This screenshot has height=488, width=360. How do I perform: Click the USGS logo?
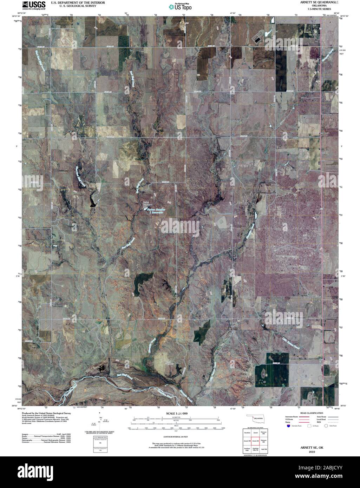pos(34,5)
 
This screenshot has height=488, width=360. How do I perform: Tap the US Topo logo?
pos(180,6)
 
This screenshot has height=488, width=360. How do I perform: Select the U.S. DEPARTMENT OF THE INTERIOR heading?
pos(73,2)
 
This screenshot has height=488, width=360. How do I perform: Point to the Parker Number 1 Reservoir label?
pos(157,211)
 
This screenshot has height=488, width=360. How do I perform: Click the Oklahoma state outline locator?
pos(255,419)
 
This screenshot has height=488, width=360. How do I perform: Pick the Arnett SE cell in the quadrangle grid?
pos(255,441)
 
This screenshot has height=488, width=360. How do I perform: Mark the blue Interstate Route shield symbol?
pos(288,425)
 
